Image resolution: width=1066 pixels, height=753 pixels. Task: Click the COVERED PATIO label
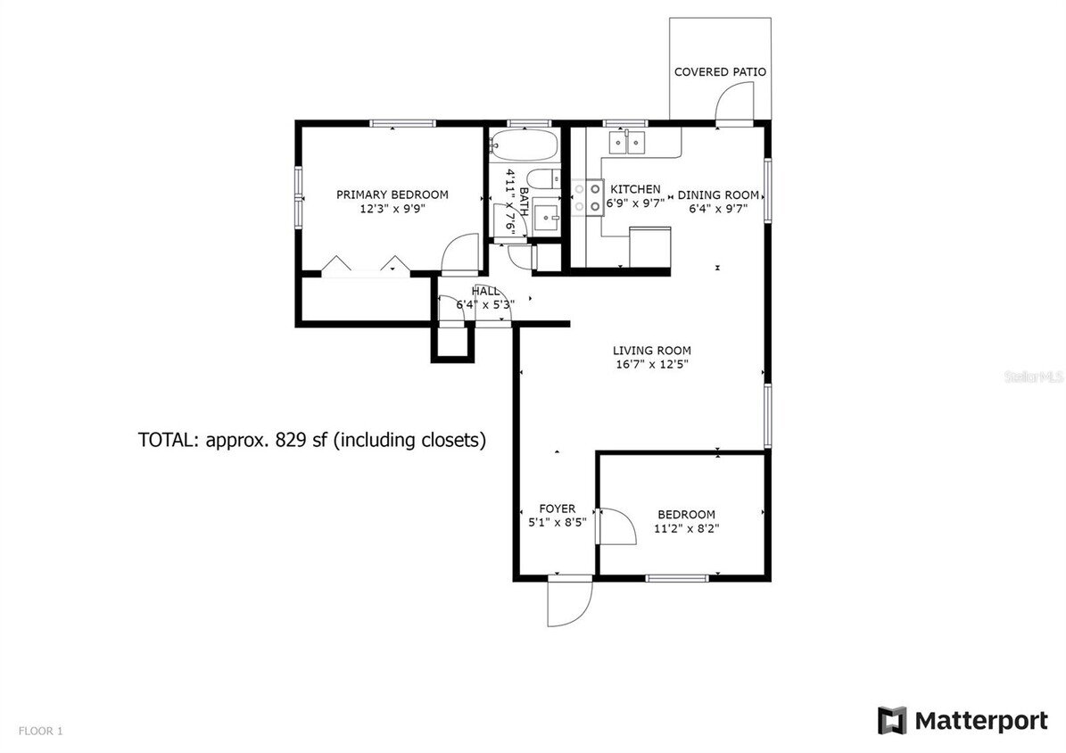coord(720,71)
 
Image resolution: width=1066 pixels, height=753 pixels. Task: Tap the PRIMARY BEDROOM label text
coord(392,194)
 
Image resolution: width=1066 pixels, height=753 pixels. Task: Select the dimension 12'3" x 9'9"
coord(392,210)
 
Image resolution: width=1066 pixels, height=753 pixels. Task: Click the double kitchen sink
coord(628,141)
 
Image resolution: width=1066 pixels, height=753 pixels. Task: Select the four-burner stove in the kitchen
coord(588,197)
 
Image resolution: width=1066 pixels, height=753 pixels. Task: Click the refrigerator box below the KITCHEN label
coord(650,247)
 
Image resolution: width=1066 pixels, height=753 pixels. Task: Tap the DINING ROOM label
coord(718,194)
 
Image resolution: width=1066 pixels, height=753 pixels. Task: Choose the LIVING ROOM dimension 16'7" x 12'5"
coord(651,364)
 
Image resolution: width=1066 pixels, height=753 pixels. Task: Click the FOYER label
coord(557,509)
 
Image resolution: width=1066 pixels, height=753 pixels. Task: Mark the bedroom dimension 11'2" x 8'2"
coord(686,528)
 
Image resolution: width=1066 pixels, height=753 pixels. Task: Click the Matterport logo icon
coord(891,720)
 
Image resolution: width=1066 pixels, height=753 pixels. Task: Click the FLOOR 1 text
coord(40,732)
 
